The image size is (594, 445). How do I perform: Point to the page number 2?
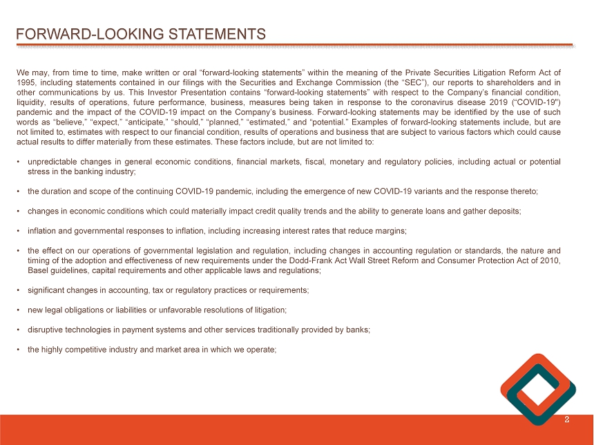tap(567, 419)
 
